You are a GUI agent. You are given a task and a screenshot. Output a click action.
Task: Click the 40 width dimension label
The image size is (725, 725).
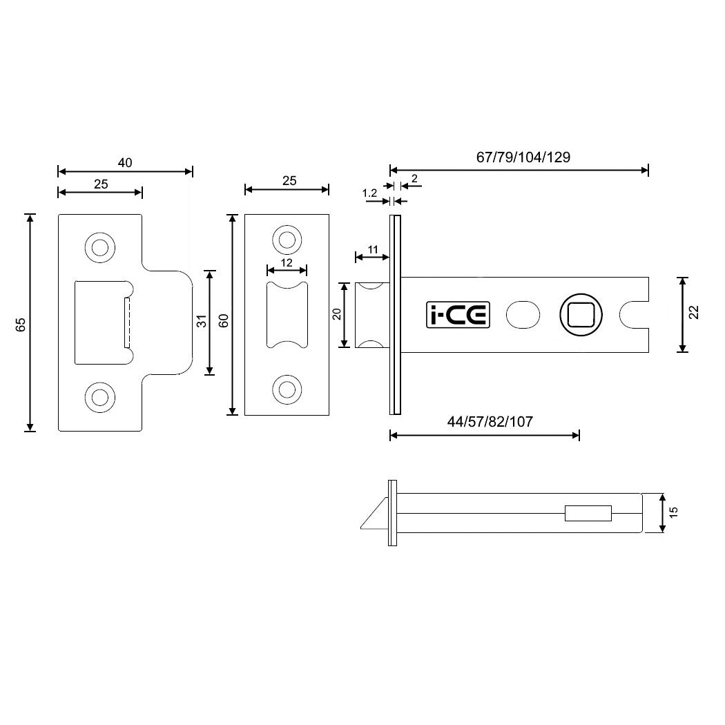[x=124, y=163]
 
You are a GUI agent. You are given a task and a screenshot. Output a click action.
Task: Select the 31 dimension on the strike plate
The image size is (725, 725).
[x=201, y=322]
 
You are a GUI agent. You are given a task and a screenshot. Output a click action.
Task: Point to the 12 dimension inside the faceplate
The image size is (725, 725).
[x=287, y=262]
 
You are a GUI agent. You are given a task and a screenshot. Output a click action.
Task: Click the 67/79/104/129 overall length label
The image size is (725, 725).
[x=523, y=157]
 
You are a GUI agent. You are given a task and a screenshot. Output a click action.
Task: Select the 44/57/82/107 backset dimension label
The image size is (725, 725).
[x=490, y=422]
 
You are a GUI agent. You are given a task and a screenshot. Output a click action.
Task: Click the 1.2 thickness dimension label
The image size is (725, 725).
[x=369, y=194]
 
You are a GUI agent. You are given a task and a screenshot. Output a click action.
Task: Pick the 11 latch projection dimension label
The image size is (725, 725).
[x=372, y=249]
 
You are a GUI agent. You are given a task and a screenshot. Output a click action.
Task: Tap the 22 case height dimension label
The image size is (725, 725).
[x=694, y=313]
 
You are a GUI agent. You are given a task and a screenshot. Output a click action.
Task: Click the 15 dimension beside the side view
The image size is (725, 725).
[x=674, y=512]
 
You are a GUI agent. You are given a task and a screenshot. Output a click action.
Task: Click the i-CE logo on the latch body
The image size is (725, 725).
[x=456, y=315]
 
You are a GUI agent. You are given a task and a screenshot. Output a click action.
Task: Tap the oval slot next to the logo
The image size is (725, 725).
[x=523, y=315]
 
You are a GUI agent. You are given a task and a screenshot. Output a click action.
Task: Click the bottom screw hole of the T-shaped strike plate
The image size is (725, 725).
[x=99, y=396]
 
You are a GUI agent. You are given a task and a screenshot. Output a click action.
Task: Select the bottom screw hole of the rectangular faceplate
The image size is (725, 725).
[x=287, y=389]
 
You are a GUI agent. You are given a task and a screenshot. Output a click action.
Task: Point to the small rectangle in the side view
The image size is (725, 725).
[x=588, y=513]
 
